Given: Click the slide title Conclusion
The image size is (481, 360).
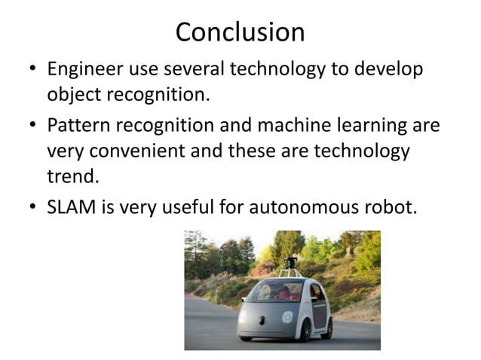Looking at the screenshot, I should pyautogui.click(x=240, y=32).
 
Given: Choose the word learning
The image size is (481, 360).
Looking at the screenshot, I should pyautogui.click(x=375, y=124).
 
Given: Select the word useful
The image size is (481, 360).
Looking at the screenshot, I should pyautogui.click(x=190, y=206).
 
